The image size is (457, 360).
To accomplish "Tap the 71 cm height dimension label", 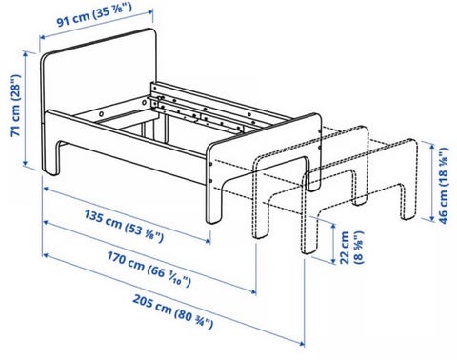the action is click(x=16, y=105).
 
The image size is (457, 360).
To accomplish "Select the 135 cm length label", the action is click(x=124, y=226).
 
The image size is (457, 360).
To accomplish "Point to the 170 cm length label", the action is click(x=149, y=269).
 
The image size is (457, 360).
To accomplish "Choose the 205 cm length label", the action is click(x=172, y=311).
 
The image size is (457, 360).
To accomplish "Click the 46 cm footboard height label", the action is click(x=444, y=186).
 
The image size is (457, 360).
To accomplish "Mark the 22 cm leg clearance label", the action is click(x=351, y=248).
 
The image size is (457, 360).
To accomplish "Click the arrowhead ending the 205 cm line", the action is click(x=302, y=343).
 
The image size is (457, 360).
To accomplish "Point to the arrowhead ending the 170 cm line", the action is click(x=253, y=291).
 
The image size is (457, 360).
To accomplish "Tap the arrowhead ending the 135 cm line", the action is click(x=208, y=241).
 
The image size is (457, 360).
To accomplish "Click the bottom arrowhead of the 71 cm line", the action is click(x=26, y=164).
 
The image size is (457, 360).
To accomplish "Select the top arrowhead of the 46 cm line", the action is click(x=432, y=146).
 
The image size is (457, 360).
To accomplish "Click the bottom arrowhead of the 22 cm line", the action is click(x=333, y=261).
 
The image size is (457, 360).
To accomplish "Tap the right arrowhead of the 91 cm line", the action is click(x=150, y=11).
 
